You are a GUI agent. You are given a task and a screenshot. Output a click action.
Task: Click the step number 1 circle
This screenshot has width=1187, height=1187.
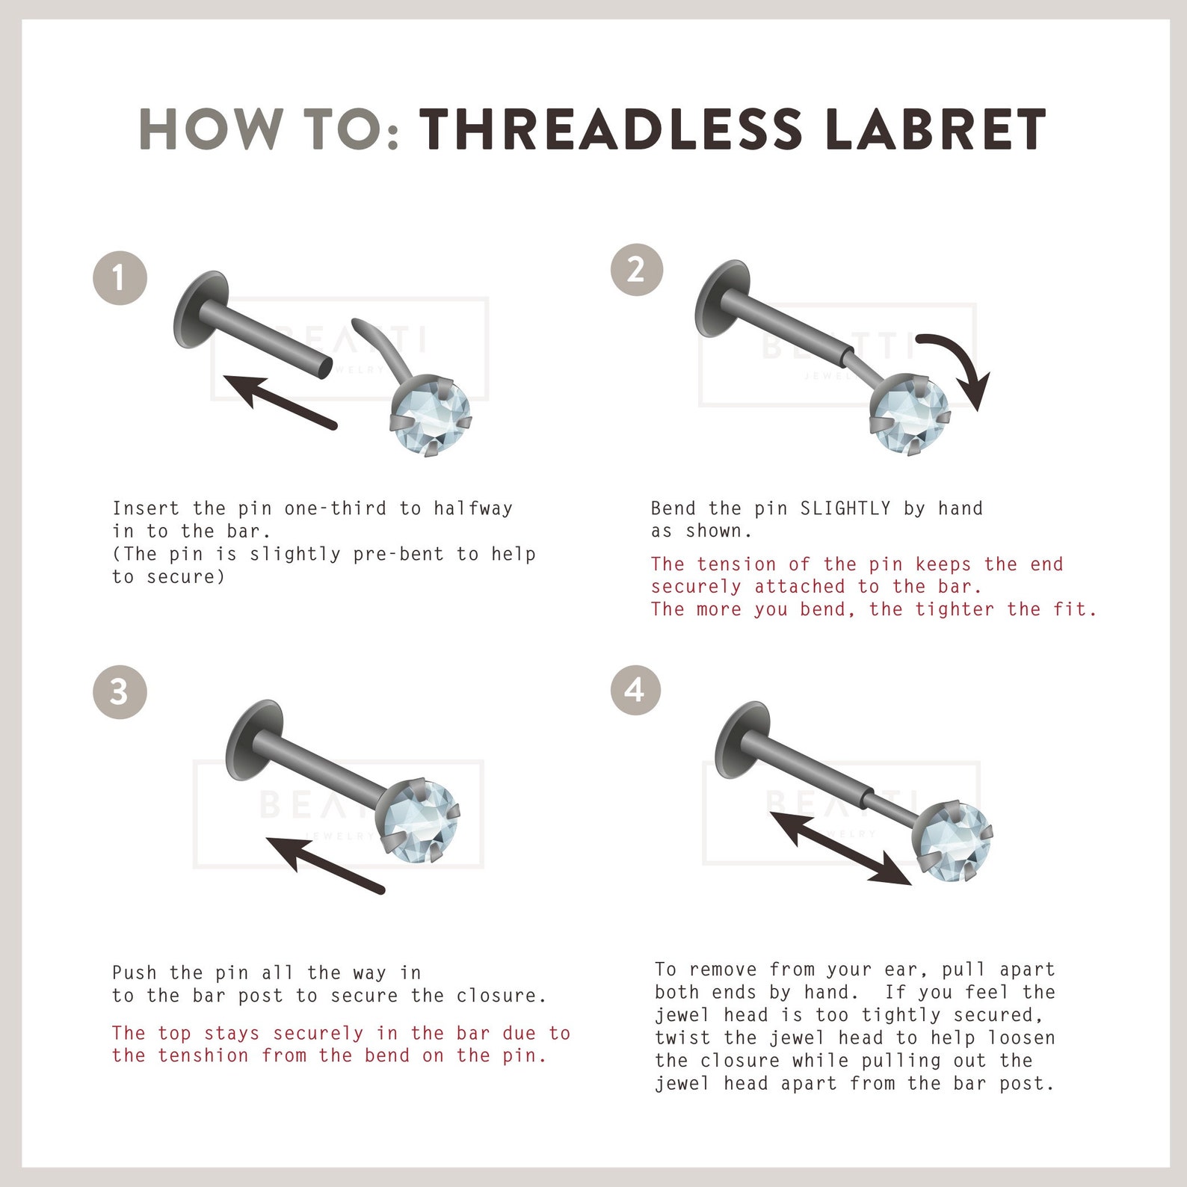coord(120,278)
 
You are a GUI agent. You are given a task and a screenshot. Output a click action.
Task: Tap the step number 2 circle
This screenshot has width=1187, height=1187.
coord(637,270)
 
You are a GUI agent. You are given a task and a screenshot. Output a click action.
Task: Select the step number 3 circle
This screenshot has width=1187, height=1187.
coord(120,691)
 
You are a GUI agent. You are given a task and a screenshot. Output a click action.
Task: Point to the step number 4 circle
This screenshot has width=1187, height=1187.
coord(635,688)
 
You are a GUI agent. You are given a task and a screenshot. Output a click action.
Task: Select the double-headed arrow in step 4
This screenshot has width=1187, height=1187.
coord(841,848)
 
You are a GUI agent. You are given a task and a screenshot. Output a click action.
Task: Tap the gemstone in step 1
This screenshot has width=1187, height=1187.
coord(432,416)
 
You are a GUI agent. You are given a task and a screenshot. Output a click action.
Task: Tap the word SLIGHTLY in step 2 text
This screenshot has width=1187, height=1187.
coord(845,509)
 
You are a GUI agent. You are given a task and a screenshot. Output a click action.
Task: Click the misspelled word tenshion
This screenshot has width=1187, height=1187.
coord(204,1055)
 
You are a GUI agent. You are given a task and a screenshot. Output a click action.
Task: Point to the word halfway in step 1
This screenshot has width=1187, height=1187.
coord(473,509)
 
